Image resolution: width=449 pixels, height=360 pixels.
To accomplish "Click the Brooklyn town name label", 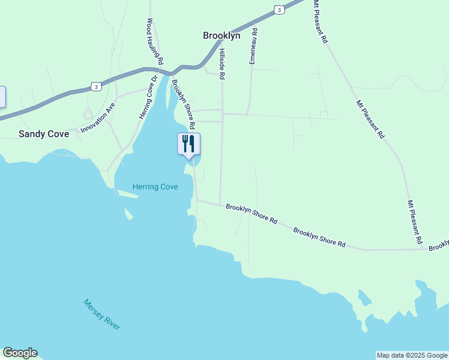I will [x=221, y=35].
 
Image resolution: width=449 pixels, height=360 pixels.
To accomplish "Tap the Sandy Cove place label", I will [x=44, y=134].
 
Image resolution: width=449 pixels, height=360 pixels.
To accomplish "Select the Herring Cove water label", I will [x=155, y=187].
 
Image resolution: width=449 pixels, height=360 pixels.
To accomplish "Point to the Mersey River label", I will [x=102, y=314].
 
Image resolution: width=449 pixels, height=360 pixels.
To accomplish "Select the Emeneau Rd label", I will [x=253, y=46].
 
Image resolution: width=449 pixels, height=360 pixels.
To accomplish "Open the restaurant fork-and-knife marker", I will [x=188, y=144].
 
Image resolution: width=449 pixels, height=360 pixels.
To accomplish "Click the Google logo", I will [x=20, y=353].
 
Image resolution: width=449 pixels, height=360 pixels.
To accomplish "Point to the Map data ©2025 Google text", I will [x=412, y=355].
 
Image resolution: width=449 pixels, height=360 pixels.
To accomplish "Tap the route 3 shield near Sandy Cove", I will [x=96, y=86].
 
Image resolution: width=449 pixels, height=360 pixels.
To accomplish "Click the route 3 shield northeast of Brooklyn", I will [x=279, y=9].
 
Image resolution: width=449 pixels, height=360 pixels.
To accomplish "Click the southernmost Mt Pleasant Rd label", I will [x=415, y=222].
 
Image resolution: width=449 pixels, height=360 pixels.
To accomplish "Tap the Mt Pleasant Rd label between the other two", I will [x=370, y=119].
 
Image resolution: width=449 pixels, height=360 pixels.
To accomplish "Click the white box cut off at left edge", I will [x=2, y=97].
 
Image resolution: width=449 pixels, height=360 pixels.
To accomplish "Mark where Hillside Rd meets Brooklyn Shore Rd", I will [x=220, y=204].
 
